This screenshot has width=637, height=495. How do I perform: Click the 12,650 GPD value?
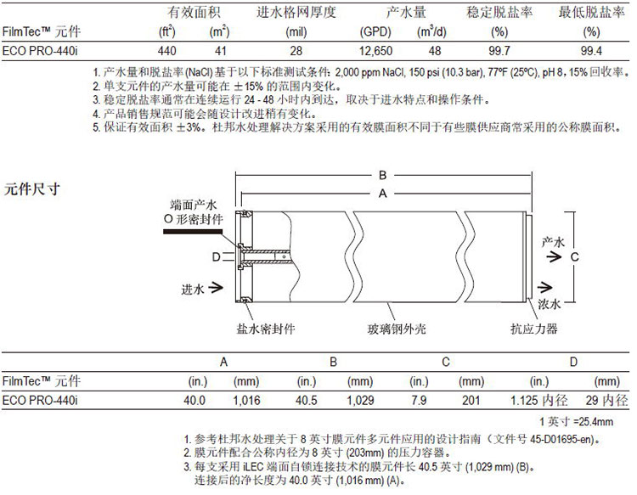tap(375, 51)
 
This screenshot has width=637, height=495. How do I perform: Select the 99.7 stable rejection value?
tap(499, 51)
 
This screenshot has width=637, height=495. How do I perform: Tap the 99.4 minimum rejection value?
tap(591, 51)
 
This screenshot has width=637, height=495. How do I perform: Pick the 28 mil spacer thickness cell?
tap(296, 51)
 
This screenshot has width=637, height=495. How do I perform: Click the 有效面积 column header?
tap(194, 12)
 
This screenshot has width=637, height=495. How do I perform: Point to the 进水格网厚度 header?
tap(296, 12)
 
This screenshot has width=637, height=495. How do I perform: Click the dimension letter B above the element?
tap(383, 175)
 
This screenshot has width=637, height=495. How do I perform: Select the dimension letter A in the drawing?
tap(383, 194)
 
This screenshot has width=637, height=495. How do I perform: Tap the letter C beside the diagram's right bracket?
tap(575, 256)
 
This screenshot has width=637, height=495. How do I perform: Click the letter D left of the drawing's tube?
tap(217, 257)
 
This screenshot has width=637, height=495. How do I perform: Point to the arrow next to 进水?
tap(216, 288)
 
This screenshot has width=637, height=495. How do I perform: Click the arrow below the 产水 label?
tap(554, 256)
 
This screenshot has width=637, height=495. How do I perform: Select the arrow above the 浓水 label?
tap(544, 287)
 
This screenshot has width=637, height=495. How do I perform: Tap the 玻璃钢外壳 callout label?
tap(397, 329)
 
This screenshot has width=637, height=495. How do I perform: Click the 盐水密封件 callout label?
tap(266, 329)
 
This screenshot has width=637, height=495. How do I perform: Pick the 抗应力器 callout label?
tap(534, 329)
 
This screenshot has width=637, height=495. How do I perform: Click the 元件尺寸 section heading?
tap(31, 188)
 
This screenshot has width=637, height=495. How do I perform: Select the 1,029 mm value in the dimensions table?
tap(360, 401)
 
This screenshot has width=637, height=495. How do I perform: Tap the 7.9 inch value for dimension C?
tap(419, 401)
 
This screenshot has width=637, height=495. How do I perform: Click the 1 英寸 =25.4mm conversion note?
tap(577, 422)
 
